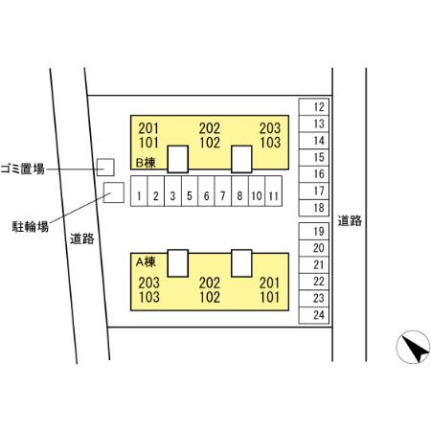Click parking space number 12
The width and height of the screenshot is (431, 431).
314,107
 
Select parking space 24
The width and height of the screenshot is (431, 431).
314,315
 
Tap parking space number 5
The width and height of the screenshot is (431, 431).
190,191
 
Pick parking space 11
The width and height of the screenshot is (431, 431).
274,191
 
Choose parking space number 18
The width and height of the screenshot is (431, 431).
314,208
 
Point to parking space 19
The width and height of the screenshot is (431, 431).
314,231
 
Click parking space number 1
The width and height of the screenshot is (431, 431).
139,191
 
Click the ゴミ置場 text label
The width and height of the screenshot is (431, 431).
23,169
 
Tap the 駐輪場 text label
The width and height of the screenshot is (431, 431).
31,227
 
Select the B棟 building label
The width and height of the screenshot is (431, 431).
146,163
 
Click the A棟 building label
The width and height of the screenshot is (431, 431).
146,262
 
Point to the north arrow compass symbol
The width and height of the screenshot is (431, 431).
413,347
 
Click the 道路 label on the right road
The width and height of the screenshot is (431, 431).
350,220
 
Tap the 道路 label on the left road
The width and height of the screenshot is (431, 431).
82,238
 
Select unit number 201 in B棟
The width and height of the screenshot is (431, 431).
148,128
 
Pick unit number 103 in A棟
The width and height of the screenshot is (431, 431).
149,297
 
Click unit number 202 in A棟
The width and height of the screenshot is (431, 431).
210,283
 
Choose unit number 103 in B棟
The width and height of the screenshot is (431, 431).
270,143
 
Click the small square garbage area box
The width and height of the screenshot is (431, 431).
105,167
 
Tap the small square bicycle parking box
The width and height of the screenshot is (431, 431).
114,193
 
